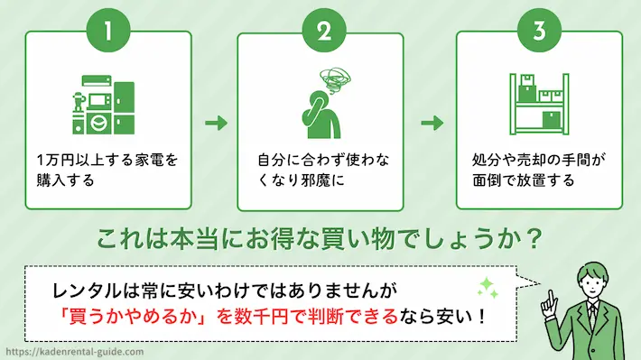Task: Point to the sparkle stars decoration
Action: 488,288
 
